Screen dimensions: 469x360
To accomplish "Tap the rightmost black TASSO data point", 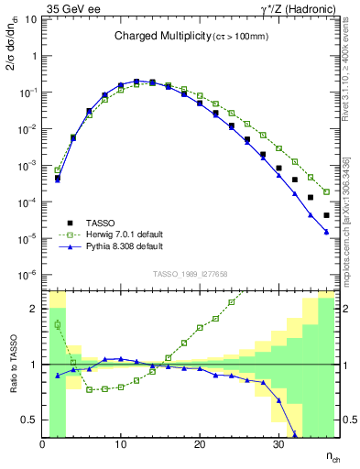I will click(x=326, y=215).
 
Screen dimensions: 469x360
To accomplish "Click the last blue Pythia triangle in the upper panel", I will click(x=326, y=232).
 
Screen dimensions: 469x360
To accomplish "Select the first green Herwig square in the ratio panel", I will click(x=57, y=324).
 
